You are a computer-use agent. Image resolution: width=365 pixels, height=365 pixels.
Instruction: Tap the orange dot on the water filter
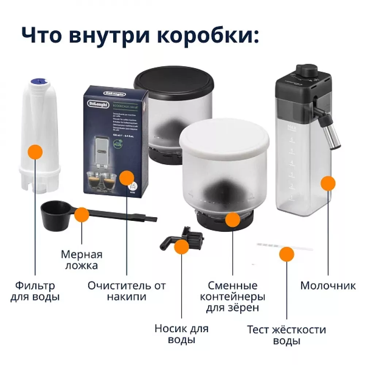[35, 151]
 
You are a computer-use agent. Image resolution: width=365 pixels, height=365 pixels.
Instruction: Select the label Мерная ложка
[81, 260]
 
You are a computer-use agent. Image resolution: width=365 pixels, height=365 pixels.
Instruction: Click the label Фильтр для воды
[35, 291]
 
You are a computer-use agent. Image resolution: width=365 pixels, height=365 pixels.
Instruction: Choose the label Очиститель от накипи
[127, 291]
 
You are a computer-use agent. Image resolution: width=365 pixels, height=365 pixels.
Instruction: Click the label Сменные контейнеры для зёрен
[233, 296]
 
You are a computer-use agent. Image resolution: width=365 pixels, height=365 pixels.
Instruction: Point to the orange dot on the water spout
[182, 247]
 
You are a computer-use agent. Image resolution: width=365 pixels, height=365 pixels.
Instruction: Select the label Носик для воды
[181, 334]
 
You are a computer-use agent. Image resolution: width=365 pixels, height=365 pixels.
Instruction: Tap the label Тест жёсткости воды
[287, 335]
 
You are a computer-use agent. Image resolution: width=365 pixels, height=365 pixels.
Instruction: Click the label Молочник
[328, 285]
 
